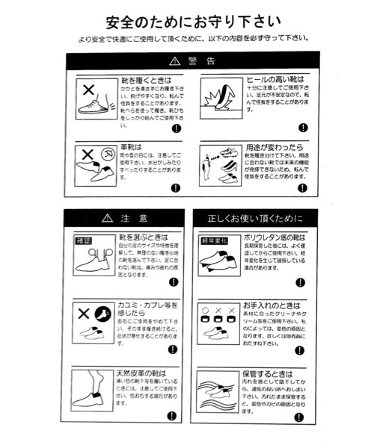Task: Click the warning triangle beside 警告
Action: tap(174, 60)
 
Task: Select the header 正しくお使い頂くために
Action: tap(255, 218)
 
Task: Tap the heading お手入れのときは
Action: tap(271, 306)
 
